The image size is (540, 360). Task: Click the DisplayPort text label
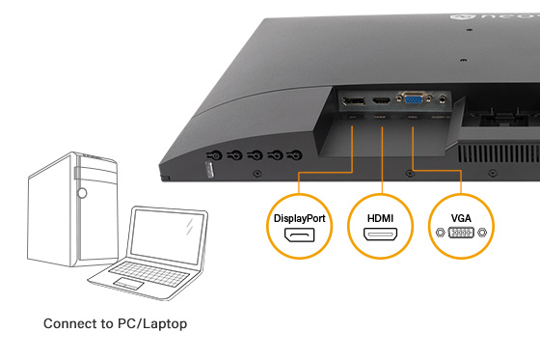coord(299,218)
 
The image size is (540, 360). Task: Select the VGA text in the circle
coord(462,217)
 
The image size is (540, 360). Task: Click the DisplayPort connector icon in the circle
coord(299,237)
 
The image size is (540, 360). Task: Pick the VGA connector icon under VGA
coord(462,234)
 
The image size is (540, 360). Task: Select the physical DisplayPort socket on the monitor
coord(352,102)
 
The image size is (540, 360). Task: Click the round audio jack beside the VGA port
coord(443,97)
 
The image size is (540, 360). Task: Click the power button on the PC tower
coord(82,193)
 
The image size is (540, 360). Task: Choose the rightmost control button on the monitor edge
coord(296,154)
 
